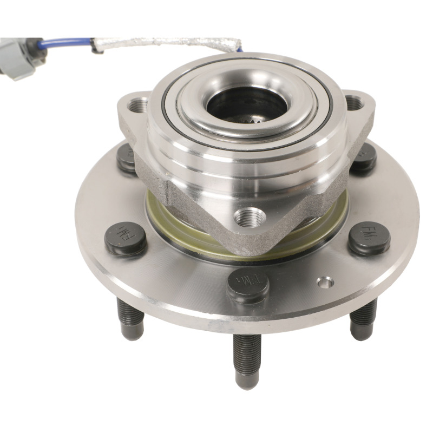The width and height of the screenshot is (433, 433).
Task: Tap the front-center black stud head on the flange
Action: [x=248, y=283]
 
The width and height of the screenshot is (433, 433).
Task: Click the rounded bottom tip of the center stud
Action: [x=247, y=383]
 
